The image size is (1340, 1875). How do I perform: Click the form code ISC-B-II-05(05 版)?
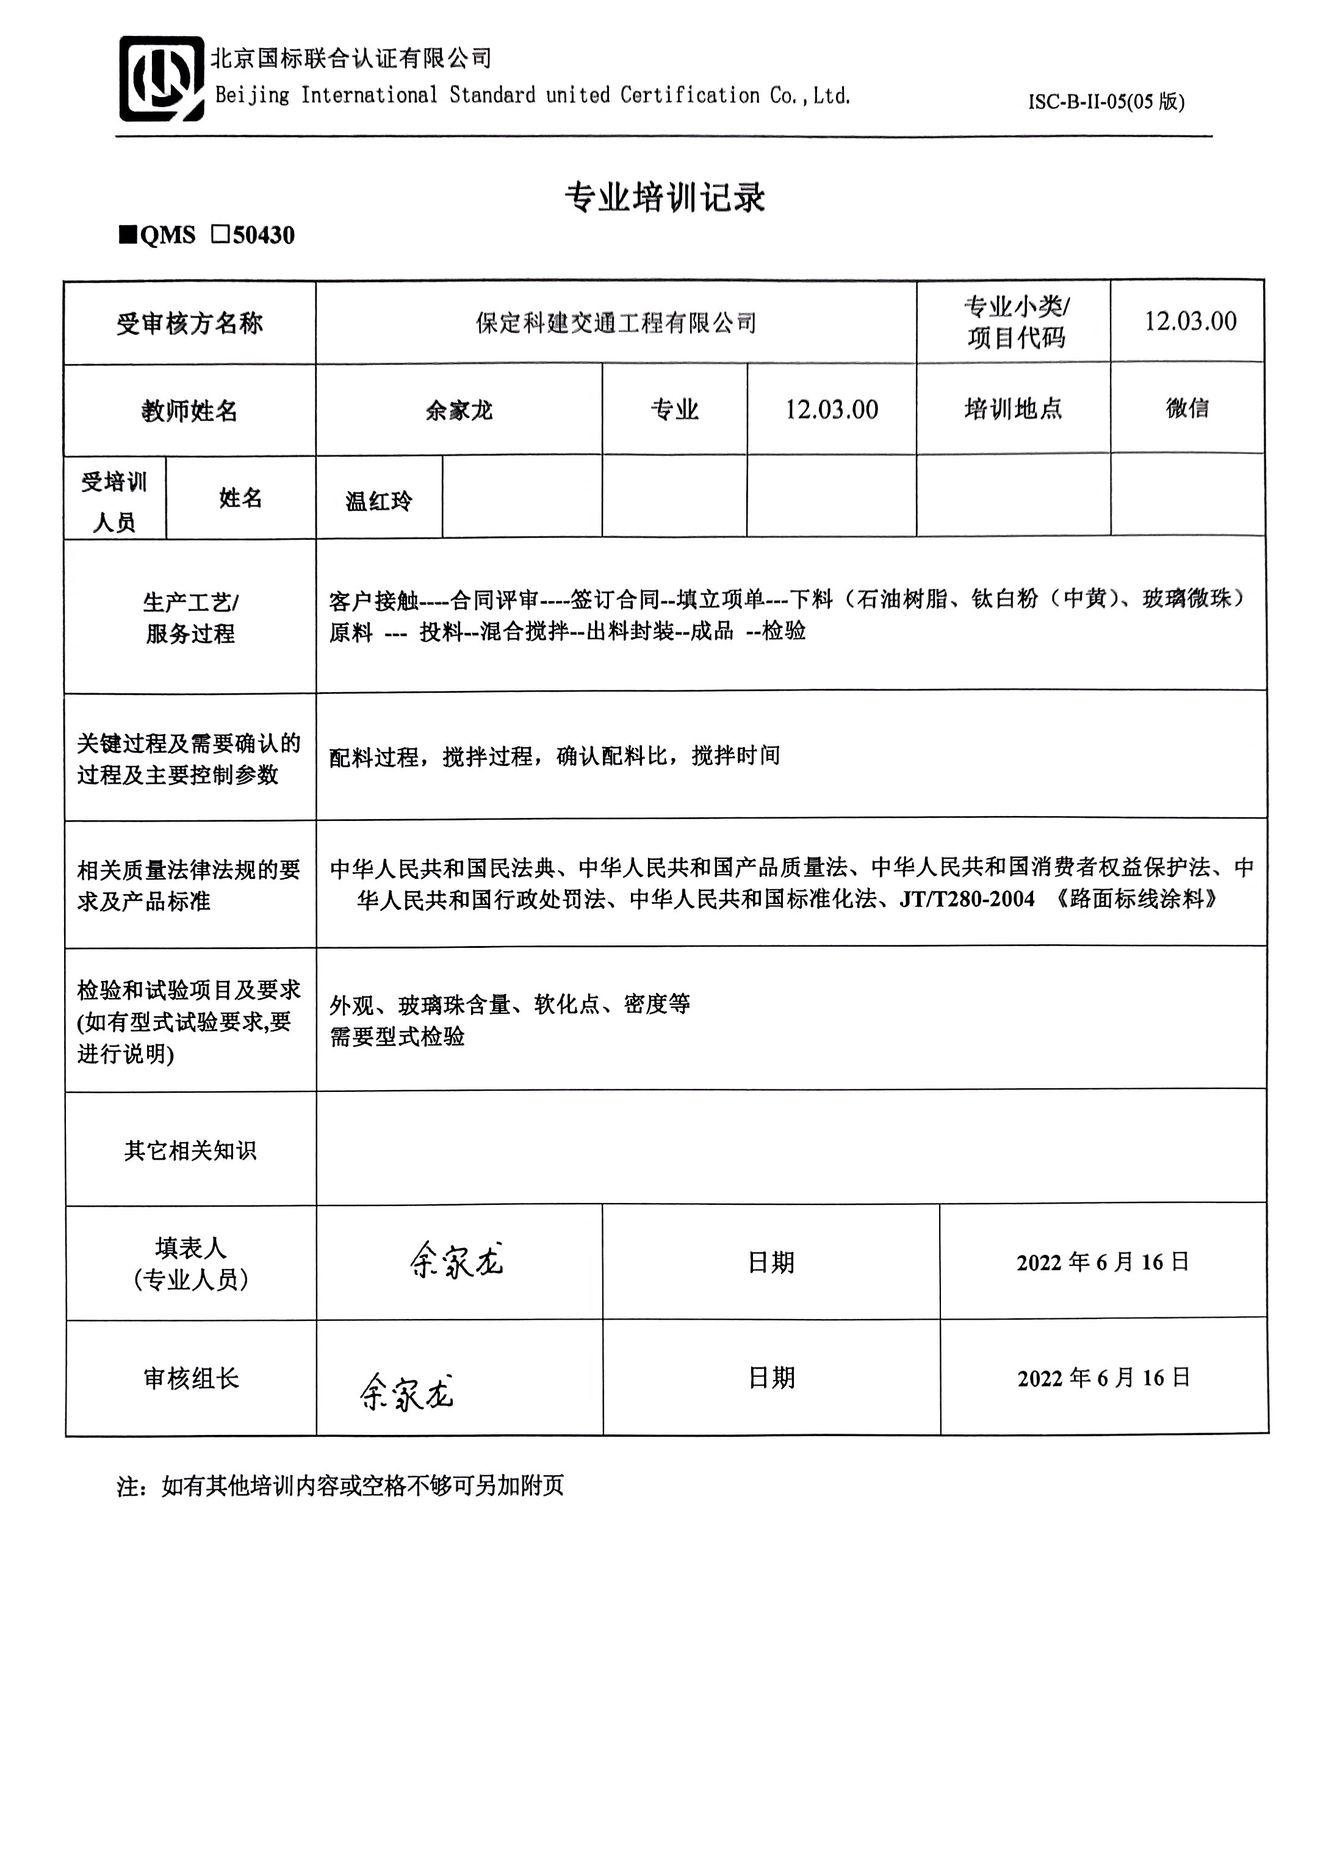coord(1106,101)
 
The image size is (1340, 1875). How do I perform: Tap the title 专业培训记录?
coord(665,197)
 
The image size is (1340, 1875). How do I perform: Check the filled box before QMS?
coord(128,235)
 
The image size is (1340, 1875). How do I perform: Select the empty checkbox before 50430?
coord(220,235)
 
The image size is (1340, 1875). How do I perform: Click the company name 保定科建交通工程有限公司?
coord(616,323)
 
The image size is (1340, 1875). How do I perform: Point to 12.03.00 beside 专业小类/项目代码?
coord(1190,321)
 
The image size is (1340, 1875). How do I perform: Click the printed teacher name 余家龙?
coord(459,410)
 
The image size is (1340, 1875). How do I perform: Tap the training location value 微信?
coord(1187,408)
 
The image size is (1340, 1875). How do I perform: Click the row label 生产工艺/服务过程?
coord(190,617)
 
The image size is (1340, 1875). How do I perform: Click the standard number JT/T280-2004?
coord(966,898)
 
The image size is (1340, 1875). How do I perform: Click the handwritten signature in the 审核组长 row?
coord(406,1392)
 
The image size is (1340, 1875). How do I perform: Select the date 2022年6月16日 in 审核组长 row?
coord(1103,1378)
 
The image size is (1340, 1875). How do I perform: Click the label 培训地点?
coord(1012,408)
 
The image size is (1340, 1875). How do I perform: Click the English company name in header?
coord(532,96)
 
